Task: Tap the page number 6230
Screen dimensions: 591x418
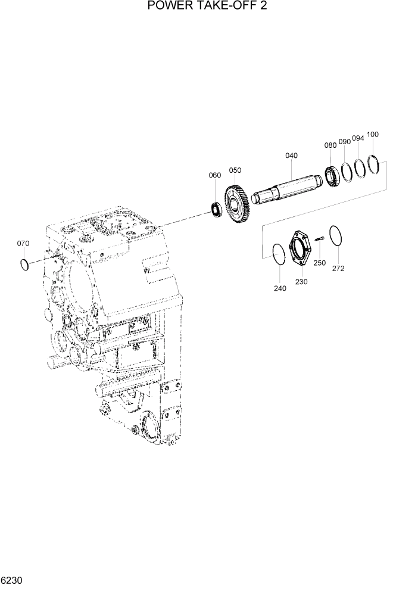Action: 13,580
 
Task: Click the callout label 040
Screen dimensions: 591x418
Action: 291,155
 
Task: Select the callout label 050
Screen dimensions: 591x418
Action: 235,170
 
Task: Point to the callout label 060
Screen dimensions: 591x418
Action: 214,175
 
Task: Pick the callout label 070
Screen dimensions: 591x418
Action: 23,243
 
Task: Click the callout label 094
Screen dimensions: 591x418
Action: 358,138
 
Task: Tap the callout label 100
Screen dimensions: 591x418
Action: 372,134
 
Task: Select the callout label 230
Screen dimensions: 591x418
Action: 301,282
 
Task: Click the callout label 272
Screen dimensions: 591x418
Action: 338,268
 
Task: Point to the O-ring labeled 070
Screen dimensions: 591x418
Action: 24,263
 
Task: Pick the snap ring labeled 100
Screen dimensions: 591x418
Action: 373,164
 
